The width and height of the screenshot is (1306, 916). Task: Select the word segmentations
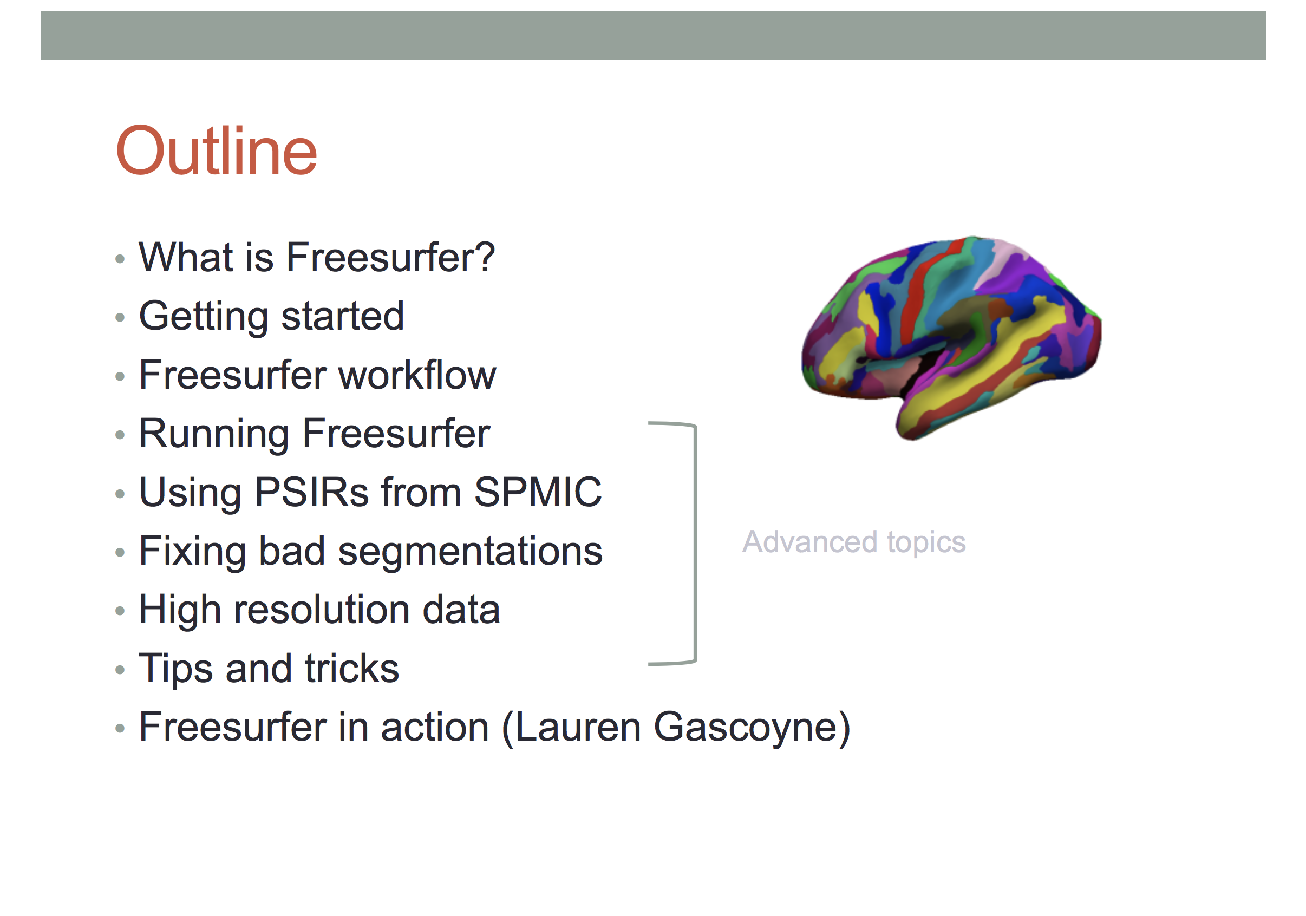point(471,552)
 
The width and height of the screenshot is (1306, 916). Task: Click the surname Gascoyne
point(745,728)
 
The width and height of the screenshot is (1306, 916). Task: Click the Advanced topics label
point(854,542)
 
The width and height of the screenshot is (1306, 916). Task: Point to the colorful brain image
point(951,338)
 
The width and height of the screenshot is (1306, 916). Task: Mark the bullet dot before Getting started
point(120,317)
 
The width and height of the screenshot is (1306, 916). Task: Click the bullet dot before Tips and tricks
point(120,669)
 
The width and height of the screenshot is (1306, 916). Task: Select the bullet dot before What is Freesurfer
point(120,259)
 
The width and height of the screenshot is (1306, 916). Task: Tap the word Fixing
point(192,552)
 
